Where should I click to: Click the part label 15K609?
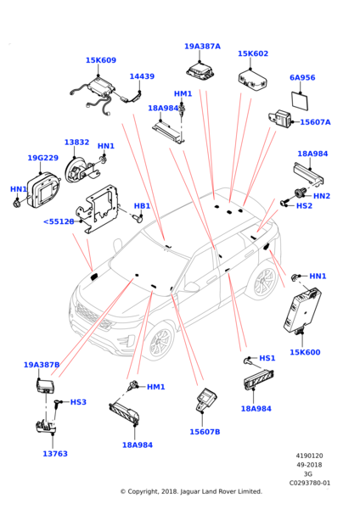tap(101, 60)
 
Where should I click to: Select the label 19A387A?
tap(202, 47)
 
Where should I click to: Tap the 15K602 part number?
tap(253, 53)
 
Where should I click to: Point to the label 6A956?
tap(302, 77)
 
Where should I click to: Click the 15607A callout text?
tap(315, 122)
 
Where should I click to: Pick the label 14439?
tap(142, 76)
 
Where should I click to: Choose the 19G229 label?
tap(43, 158)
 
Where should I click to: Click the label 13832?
tap(76, 143)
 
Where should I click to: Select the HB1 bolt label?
tap(143, 206)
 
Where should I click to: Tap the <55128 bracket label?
tap(59, 221)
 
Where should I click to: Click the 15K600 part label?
tap(305, 352)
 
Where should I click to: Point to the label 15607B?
tap(205, 432)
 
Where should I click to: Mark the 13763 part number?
tap(55, 454)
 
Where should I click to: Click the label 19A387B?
tap(42, 365)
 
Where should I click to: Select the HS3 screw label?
tap(78, 402)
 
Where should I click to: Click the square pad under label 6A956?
tap(300, 101)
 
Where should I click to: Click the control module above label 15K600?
tap(301, 310)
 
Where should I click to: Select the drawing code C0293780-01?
tap(310, 483)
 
